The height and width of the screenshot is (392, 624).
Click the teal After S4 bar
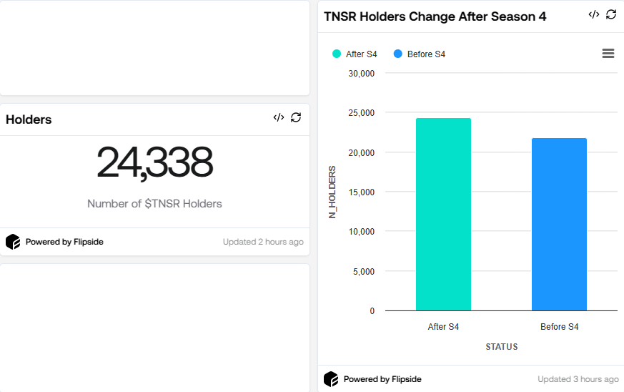click(443, 215)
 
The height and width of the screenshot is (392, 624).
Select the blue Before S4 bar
click(559, 225)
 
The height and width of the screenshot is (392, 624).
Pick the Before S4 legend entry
click(420, 54)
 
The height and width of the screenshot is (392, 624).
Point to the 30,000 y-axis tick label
click(361, 73)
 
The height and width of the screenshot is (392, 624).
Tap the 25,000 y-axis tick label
click(361, 113)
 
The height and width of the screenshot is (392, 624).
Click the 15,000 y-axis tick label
click(361, 192)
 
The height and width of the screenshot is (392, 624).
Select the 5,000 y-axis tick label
click(363, 272)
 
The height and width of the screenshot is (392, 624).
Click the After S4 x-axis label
click(443, 327)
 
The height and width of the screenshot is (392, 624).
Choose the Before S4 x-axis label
click(559, 327)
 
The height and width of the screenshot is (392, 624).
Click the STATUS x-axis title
click(501, 347)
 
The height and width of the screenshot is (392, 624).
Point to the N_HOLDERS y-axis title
click(332, 192)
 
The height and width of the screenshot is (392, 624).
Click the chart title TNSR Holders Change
click(435, 16)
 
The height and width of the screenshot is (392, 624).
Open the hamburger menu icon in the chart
click(608, 54)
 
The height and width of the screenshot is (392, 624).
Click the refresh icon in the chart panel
click(611, 14)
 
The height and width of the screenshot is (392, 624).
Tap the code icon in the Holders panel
click(279, 117)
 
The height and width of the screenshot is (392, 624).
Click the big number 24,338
click(154, 163)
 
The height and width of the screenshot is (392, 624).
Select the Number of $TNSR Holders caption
click(154, 204)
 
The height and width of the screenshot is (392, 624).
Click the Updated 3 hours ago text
click(578, 379)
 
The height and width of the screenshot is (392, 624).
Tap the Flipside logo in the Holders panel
click(13, 242)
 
